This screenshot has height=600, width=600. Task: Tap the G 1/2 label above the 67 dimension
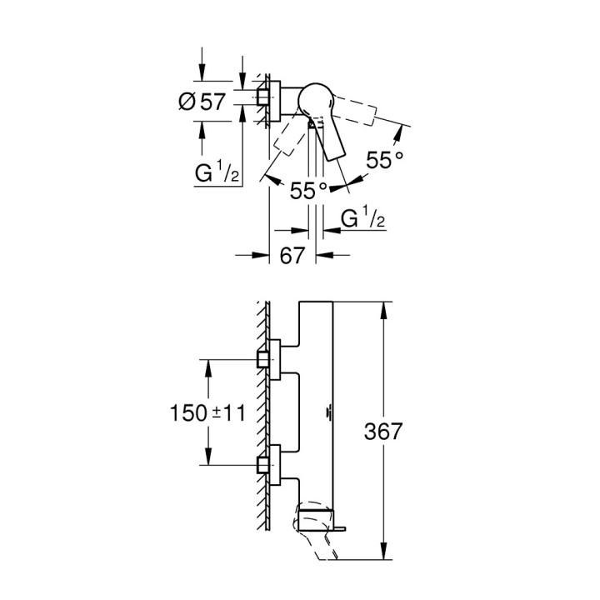click(x=362, y=218)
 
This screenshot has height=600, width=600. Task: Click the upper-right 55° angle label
click(x=384, y=160)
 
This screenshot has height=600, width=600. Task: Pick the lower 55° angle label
click(x=309, y=191)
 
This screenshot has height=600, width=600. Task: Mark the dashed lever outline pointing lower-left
click(x=287, y=137)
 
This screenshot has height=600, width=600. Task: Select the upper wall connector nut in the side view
click(x=265, y=359)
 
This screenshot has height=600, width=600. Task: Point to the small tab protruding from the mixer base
click(x=341, y=525)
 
